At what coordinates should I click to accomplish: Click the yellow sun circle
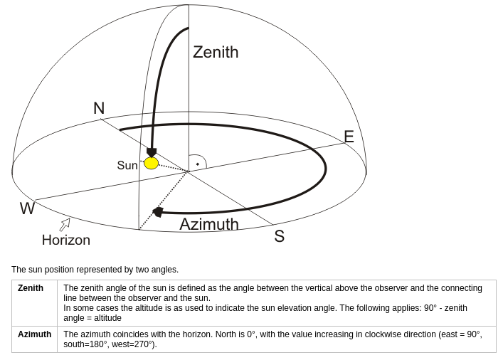coord(151,163)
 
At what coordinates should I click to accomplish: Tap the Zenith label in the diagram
coord(216,52)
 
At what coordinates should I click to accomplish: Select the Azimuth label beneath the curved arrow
coord(209,224)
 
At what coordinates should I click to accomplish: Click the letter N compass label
coord(99,108)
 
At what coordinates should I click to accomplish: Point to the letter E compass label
coord(349,137)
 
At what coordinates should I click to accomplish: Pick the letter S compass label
coord(280,236)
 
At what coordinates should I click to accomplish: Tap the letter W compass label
coord(27,208)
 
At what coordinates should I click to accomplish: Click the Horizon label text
coord(66,240)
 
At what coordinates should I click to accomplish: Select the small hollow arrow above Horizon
coord(65,224)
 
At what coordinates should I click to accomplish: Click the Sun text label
coord(127,165)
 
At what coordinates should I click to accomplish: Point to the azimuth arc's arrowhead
coord(157,212)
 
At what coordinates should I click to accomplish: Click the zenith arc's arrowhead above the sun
coord(152,152)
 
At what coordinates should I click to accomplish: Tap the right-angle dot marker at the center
coord(198,164)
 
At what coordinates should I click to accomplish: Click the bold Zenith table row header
coord(31,288)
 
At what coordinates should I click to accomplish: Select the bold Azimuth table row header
coord(35,334)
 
